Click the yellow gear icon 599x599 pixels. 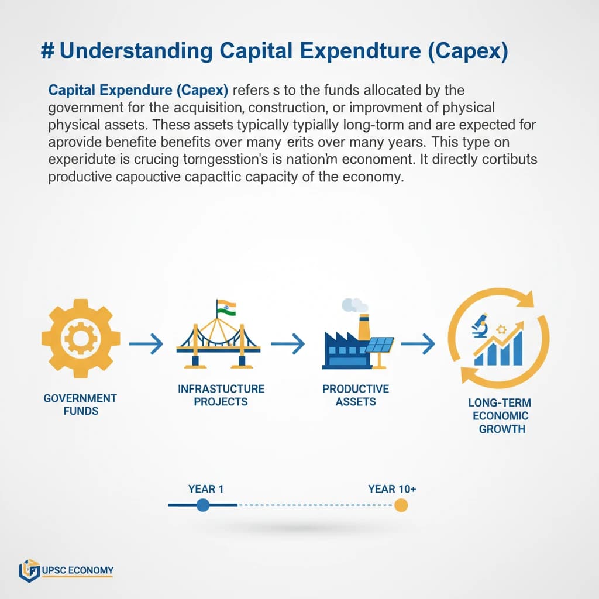coord(81,338)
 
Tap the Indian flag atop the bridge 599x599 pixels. coord(225,307)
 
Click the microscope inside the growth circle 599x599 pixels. coord(480,325)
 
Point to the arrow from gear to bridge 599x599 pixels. coord(146,344)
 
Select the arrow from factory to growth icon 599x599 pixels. coord(419,344)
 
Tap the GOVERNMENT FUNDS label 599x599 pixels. coord(80,404)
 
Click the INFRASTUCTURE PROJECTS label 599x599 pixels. coord(222,395)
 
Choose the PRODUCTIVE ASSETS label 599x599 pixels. coord(356,395)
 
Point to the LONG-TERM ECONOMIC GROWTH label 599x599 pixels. coord(498,415)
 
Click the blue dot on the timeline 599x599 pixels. coord(202,505)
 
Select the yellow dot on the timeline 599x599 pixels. coord(401,505)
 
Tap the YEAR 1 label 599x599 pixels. coord(206,488)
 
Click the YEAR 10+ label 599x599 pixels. coord(392,488)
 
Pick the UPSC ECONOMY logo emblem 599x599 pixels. coord(29,570)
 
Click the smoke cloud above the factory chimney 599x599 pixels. coord(354,304)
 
